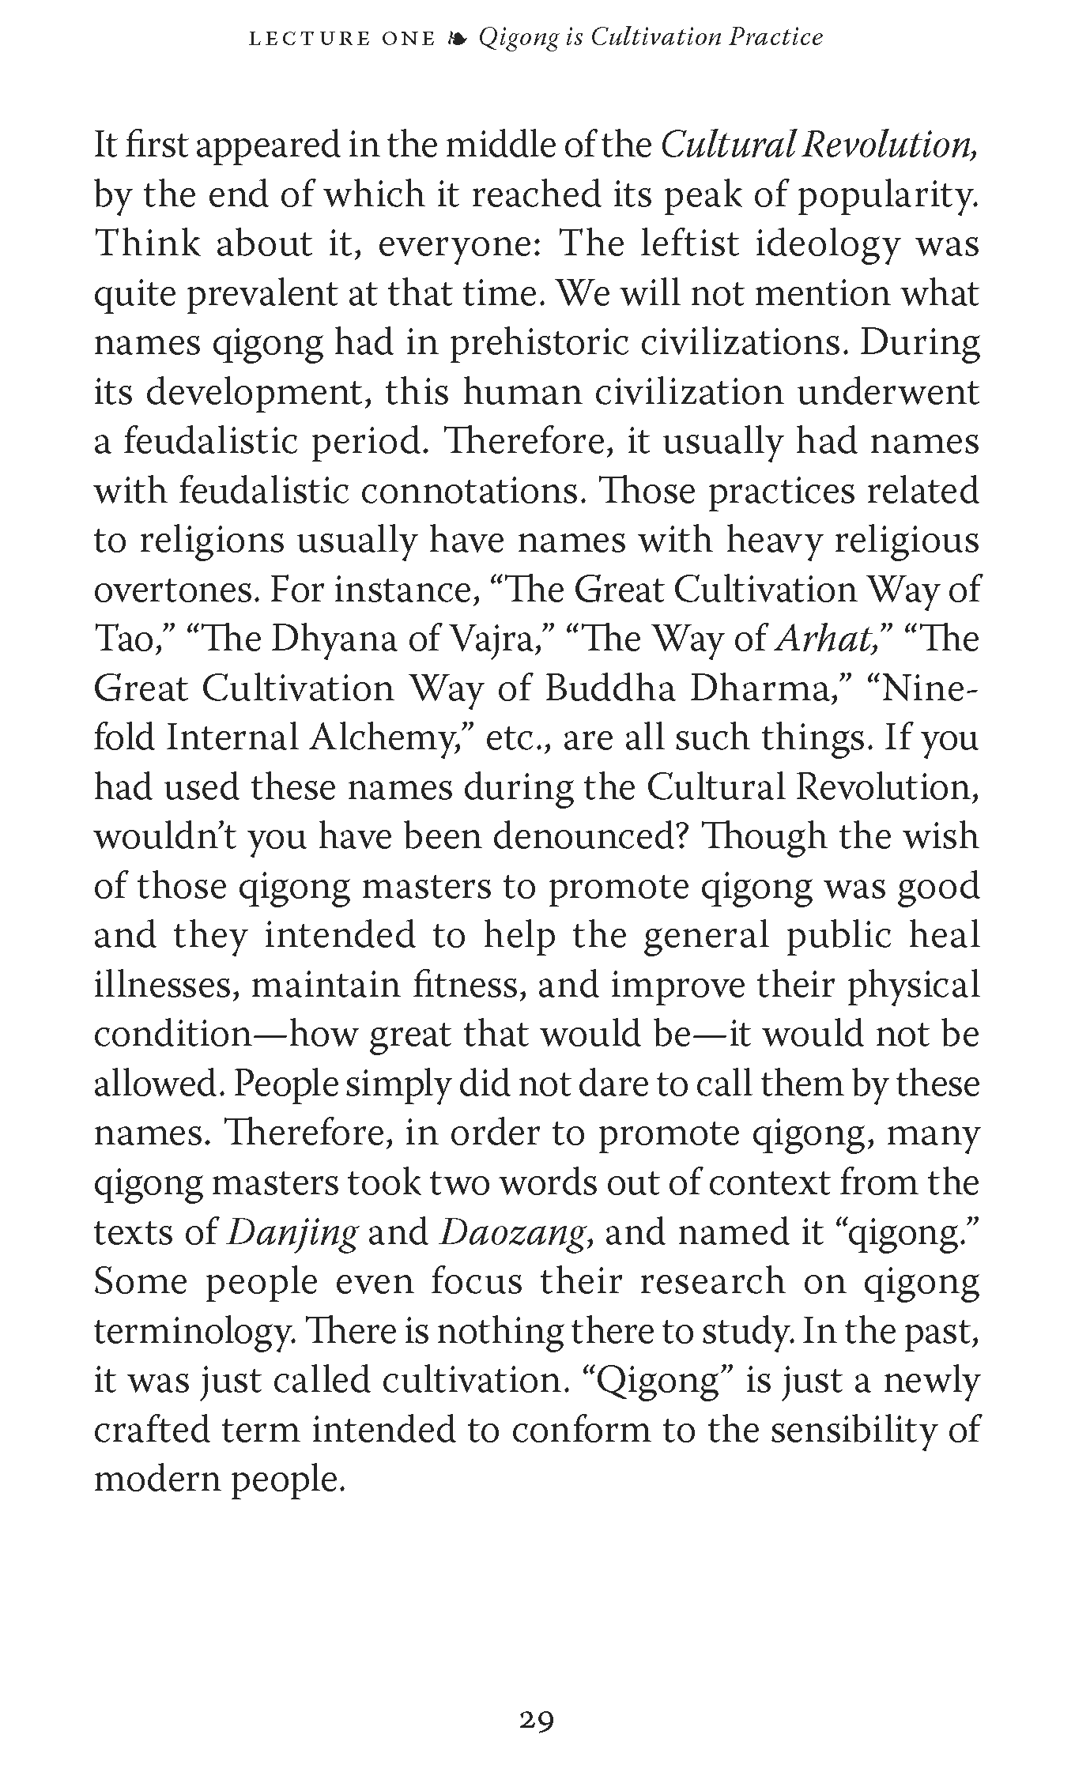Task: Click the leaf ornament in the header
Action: click(x=456, y=38)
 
